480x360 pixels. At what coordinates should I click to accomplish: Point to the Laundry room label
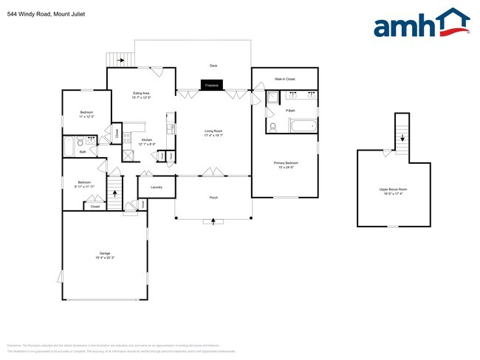[156, 187]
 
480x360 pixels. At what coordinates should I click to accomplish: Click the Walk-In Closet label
[285, 78]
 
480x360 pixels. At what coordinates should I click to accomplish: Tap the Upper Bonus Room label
[393, 190]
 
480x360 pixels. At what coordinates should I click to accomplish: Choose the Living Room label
[213, 131]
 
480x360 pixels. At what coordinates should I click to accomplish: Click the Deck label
[213, 66]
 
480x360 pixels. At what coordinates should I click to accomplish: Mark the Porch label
[213, 198]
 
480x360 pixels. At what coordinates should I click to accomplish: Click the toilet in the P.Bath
[273, 126]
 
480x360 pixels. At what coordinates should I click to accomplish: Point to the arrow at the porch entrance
[214, 221]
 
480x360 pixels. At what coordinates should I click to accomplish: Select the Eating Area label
[141, 93]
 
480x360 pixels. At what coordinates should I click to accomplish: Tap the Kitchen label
[147, 140]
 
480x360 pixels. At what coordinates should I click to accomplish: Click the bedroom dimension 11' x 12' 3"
[86, 117]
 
